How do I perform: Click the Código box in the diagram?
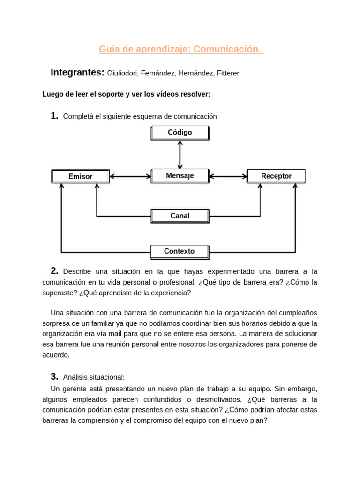pyautogui.click(x=180, y=133)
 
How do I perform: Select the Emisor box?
pyautogui.click(x=81, y=176)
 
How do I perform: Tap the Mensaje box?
pyautogui.click(x=180, y=176)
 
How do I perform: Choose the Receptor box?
pyautogui.click(x=276, y=176)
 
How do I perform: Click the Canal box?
pyautogui.click(x=180, y=216)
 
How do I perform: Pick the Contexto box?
pyautogui.click(x=180, y=251)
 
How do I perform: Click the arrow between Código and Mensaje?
pyautogui.click(x=180, y=155)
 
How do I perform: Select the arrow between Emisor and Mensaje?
pyautogui.click(x=130, y=177)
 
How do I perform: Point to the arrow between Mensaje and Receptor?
pyautogui.click(x=228, y=177)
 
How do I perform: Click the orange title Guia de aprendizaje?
pyautogui.click(x=180, y=49)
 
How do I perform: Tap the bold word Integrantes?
pyautogui.click(x=77, y=73)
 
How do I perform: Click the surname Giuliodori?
pyautogui.click(x=122, y=74)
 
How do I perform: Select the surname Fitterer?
pyautogui.click(x=228, y=74)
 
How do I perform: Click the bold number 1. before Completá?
pyautogui.click(x=54, y=116)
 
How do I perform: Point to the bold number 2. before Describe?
pyautogui.click(x=54, y=271)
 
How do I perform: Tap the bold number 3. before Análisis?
pyautogui.click(x=54, y=376)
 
